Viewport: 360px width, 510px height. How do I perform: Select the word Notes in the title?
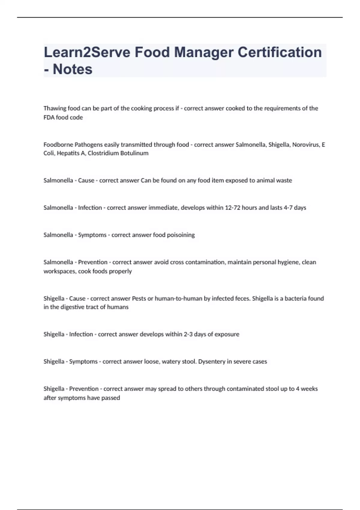[72, 69]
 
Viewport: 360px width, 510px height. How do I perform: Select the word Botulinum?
[134, 153]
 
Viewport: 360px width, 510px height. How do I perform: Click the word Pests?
[139, 298]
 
